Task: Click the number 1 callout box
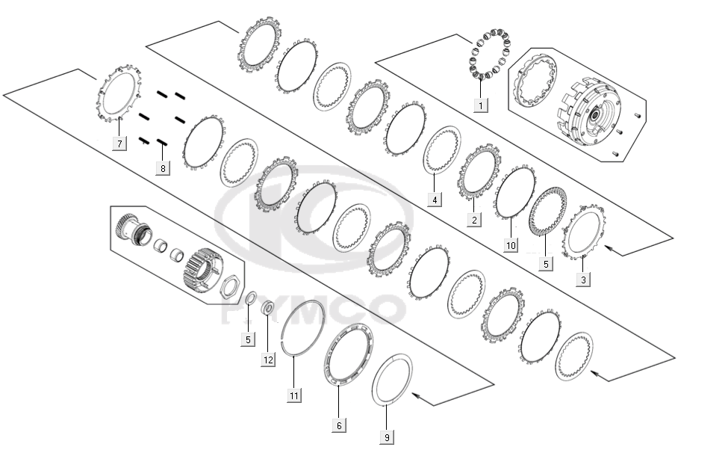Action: coord(480,105)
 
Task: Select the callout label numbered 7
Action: coord(119,144)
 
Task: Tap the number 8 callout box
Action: coord(163,168)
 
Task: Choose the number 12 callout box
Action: coord(268,360)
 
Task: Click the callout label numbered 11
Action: coord(295,395)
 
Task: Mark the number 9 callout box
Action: coord(388,436)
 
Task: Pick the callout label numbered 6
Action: coord(339,425)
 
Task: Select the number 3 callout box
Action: coord(584,279)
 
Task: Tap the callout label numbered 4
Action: coord(434,199)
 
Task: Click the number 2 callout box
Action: coord(473,219)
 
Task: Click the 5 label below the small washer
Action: coord(247,339)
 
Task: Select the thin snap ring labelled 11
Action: coord(304,330)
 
